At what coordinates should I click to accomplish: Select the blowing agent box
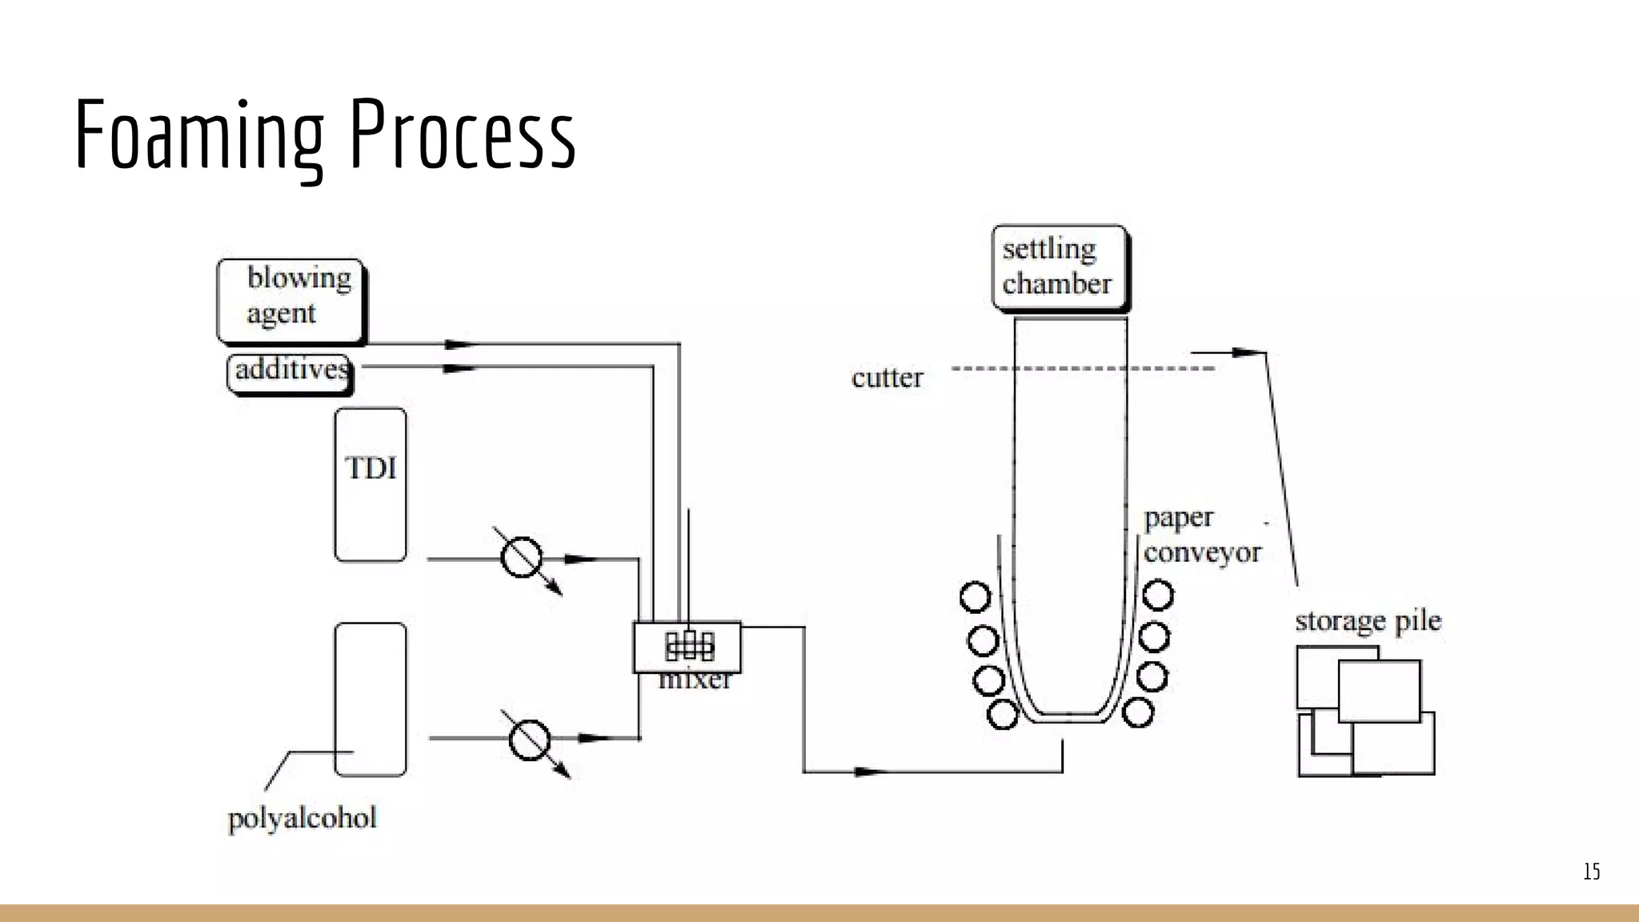[290, 300]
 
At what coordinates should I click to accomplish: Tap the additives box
[290, 372]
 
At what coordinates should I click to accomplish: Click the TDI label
[371, 468]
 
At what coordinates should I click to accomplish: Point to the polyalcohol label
[302, 818]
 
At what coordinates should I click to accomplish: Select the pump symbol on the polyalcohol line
[530, 739]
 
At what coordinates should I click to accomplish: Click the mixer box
[687, 647]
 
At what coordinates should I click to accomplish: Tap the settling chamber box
[1058, 267]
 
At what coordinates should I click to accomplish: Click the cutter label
[887, 378]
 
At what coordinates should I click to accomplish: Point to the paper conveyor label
[1200, 535]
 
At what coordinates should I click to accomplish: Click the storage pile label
[1368, 621]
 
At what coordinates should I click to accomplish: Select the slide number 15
[1591, 871]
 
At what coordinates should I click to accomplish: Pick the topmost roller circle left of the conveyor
[975, 595]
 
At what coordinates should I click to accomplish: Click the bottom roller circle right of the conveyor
[1137, 712]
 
